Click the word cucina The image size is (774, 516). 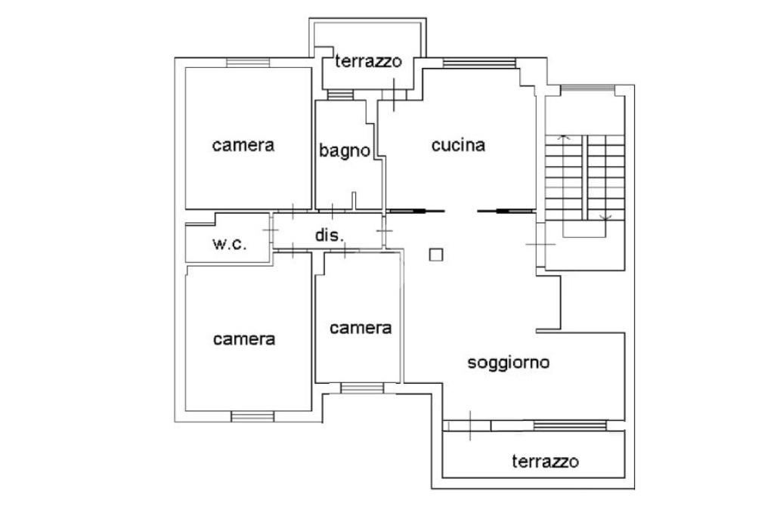[x=457, y=145]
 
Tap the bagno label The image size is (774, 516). [x=344, y=150]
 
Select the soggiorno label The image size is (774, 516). [x=508, y=363]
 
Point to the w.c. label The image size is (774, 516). [x=228, y=244]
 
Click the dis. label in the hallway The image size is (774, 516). [x=329, y=235]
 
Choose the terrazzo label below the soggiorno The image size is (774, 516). [x=545, y=461]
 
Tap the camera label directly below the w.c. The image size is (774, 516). [x=243, y=339]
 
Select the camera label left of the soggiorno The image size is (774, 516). [x=361, y=328]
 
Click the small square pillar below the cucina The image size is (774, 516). [x=435, y=255]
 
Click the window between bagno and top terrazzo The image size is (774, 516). [x=340, y=95]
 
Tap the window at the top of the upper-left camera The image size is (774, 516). [x=249, y=63]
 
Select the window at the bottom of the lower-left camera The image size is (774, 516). [x=252, y=416]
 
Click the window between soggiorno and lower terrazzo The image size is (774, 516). [x=571, y=425]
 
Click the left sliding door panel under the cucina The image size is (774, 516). [x=415, y=212]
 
